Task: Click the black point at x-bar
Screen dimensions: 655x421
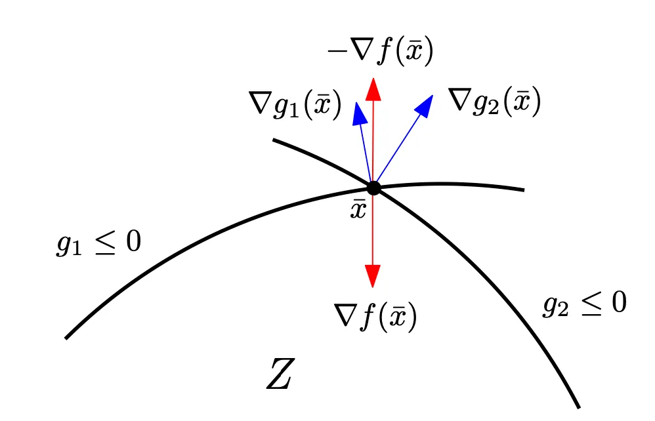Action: click(373, 188)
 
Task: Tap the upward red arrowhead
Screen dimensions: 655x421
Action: click(373, 89)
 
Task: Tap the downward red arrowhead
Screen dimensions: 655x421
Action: click(373, 276)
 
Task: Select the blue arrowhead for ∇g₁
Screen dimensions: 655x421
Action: click(359, 113)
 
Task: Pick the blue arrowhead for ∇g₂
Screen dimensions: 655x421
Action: click(424, 106)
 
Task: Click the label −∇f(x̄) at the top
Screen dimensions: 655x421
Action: click(381, 51)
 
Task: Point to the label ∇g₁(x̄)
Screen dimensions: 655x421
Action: click(295, 104)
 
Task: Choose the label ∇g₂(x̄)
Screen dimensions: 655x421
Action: click(495, 101)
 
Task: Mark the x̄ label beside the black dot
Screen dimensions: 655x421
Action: click(358, 209)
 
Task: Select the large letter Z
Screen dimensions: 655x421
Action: click(281, 373)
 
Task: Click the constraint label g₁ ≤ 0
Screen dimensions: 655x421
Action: click(98, 243)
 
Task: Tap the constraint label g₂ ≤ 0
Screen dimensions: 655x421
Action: click(584, 303)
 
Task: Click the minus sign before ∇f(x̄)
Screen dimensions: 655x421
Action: click(335, 51)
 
